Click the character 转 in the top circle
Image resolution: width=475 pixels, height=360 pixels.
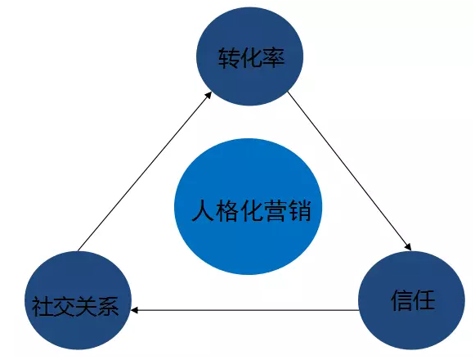pos(229,57)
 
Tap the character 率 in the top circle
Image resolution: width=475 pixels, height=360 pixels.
pos(274,57)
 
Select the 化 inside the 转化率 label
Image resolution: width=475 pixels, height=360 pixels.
pos(252,57)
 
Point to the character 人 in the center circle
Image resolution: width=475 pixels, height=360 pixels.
pos(204,210)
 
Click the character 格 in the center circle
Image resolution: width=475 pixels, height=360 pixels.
pos(227,210)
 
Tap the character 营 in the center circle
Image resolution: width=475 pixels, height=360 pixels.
pos(276,210)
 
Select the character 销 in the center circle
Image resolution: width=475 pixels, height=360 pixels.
pos(299,210)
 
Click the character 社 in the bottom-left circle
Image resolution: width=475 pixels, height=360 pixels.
pos(43,306)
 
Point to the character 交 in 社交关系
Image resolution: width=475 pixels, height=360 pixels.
pos(65,306)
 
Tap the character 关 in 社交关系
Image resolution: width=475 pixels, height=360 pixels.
pos(87,306)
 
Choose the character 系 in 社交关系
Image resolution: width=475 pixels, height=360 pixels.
pos(108,306)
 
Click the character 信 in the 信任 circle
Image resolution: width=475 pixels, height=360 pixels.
pos(402,300)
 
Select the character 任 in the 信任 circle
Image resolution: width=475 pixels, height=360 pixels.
pos(424,300)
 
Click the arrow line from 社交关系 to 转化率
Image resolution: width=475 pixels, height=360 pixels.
pos(145,171)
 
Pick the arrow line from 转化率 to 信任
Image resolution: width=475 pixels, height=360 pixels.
pos(349,171)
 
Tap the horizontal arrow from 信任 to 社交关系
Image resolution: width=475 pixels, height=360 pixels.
pos(245,310)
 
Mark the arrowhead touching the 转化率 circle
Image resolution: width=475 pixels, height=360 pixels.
pos(208,95)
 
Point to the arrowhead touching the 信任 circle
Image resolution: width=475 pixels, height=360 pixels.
pos(408,246)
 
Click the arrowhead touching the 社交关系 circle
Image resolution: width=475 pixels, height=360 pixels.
pos(135,310)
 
